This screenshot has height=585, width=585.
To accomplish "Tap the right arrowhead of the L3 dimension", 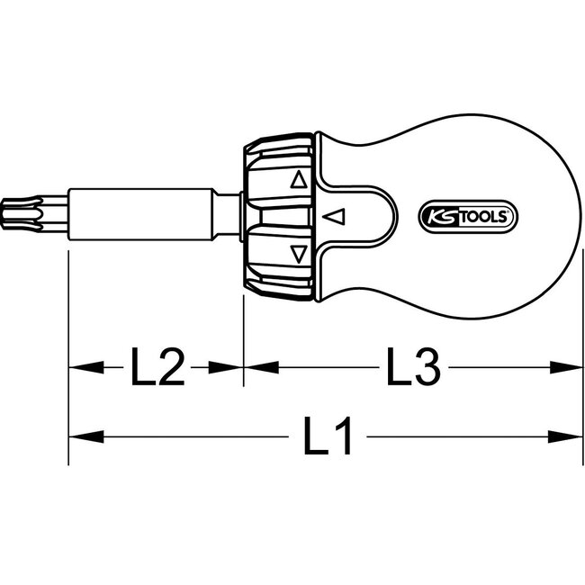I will tap(562, 367).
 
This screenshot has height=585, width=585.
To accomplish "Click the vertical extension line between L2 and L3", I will tap(243, 342).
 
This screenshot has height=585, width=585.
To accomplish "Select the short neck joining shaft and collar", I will tap(232, 214).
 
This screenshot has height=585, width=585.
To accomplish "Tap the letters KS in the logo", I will tap(438, 217).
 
